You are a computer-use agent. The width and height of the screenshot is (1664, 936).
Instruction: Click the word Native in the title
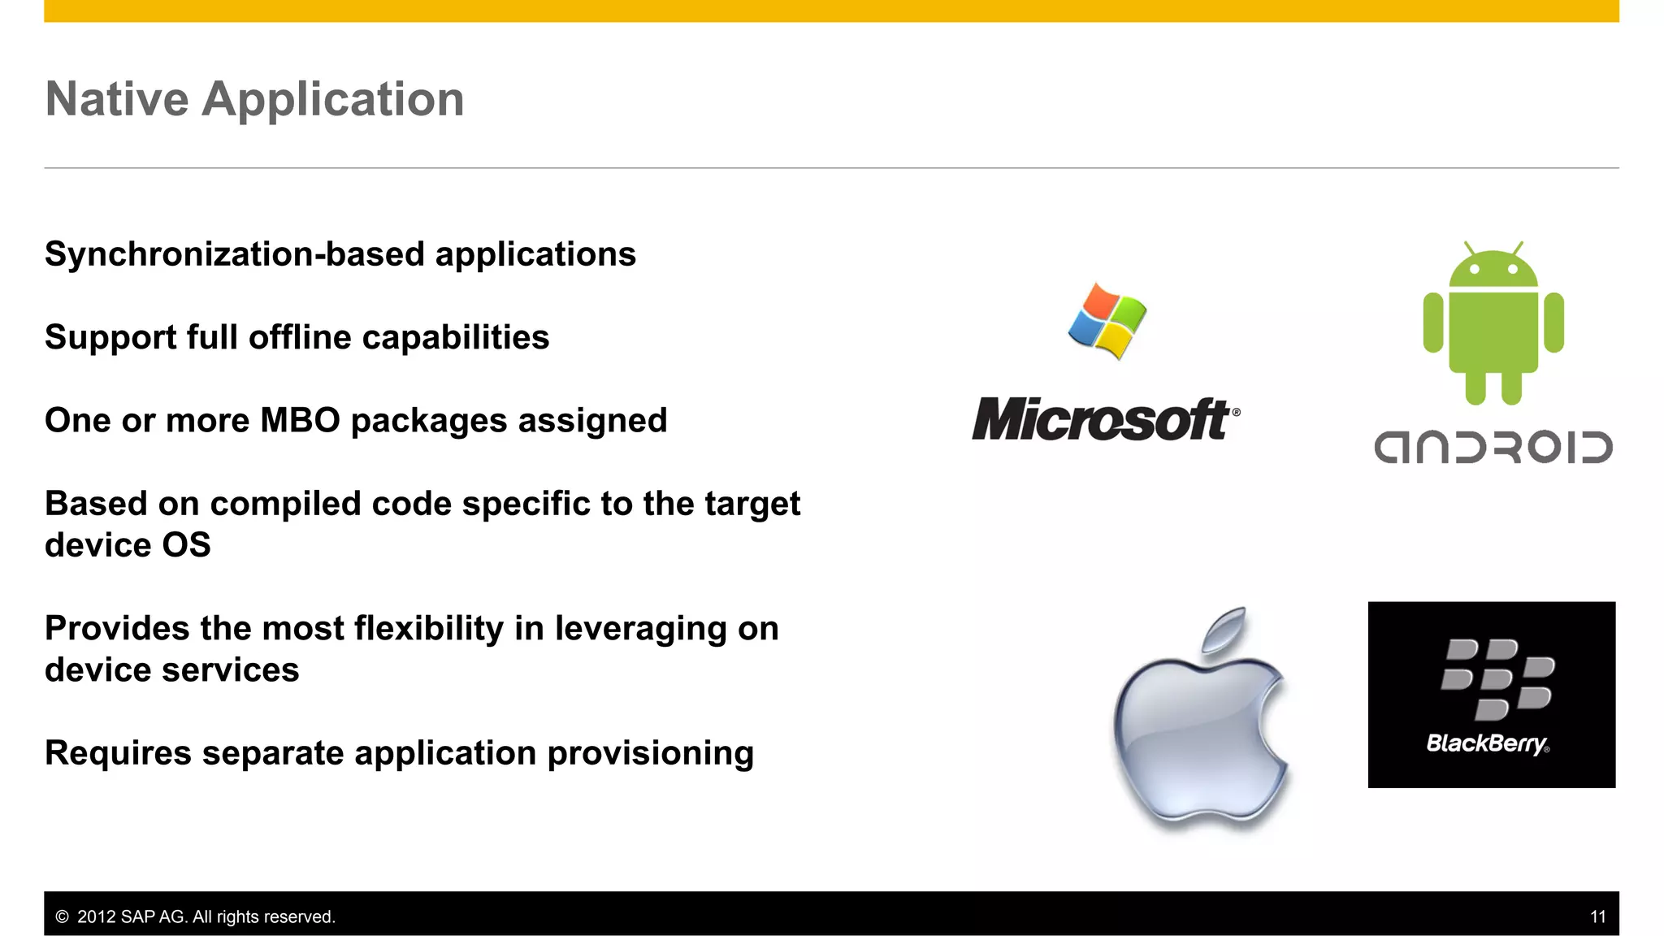pyautogui.click(x=117, y=99)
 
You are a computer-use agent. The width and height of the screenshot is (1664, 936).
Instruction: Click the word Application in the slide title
pyautogui.click(x=333, y=101)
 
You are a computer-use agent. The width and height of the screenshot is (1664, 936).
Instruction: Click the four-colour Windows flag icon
pyautogui.click(x=1107, y=321)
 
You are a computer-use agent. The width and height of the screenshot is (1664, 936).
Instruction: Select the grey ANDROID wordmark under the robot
pyautogui.click(x=1493, y=448)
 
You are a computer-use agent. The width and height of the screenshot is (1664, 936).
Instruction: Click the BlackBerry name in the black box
pyautogui.click(x=1486, y=743)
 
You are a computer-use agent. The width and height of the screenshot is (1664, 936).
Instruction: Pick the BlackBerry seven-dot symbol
pyautogui.click(x=1497, y=678)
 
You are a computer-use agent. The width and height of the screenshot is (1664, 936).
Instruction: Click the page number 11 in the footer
pyautogui.click(x=1597, y=916)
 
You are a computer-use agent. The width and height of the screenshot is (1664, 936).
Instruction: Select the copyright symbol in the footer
pyautogui.click(x=62, y=916)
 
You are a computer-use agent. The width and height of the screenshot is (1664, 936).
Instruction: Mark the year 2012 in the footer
pyautogui.click(x=96, y=916)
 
